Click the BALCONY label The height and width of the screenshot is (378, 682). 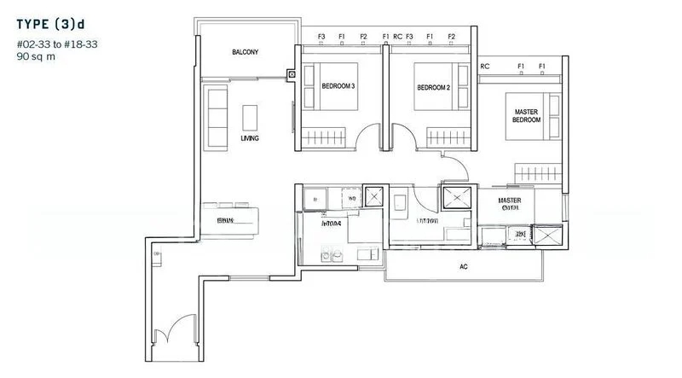point(245,53)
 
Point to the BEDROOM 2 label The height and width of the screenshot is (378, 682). point(433,87)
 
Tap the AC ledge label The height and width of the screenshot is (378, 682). point(464,267)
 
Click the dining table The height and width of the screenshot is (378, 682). point(230,220)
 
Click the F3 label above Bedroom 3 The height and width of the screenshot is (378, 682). point(321,37)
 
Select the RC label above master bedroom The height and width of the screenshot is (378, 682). point(485,66)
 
